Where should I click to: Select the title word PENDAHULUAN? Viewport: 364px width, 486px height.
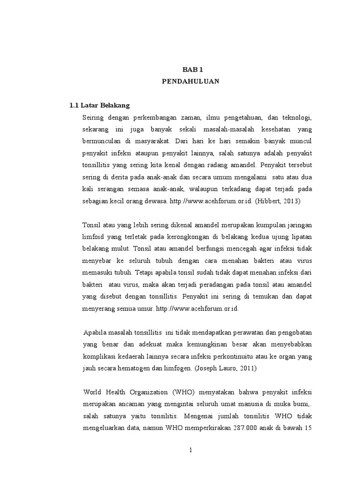190,81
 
